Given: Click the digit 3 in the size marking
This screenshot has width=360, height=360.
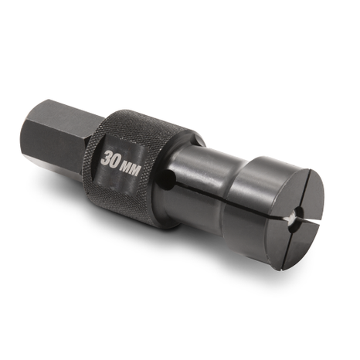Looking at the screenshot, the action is (x=106, y=158).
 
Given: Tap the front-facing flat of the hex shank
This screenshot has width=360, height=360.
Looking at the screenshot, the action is (x=60, y=144).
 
